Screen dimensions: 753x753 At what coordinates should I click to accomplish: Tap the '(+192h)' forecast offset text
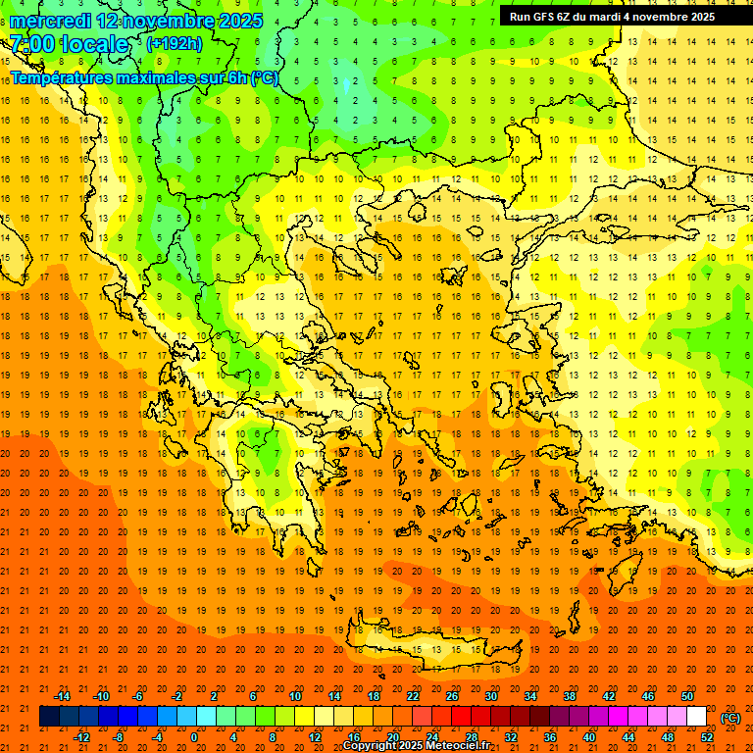tap(174, 43)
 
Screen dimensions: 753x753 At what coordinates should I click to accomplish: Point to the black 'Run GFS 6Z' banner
tap(612, 16)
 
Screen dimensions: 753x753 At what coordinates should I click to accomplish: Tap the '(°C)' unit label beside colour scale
tap(730, 718)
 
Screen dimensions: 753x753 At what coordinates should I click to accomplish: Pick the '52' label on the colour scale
tap(707, 737)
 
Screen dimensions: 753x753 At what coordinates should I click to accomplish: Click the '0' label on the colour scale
tap(194, 737)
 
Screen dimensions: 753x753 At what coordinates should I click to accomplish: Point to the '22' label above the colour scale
tap(413, 696)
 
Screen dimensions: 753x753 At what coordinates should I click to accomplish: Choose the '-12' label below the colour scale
tap(81, 737)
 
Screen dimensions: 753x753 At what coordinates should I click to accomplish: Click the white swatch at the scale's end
tap(696, 717)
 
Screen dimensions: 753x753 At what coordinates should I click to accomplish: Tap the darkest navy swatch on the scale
tap(49, 717)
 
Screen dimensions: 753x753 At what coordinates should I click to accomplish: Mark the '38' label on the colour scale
tap(570, 696)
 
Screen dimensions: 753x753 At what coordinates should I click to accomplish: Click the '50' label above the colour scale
tap(687, 696)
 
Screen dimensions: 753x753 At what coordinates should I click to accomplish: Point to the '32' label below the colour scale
tap(511, 737)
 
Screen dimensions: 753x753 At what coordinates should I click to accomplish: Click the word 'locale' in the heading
tap(95, 44)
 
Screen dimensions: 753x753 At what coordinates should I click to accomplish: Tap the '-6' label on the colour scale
tap(139, 696)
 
